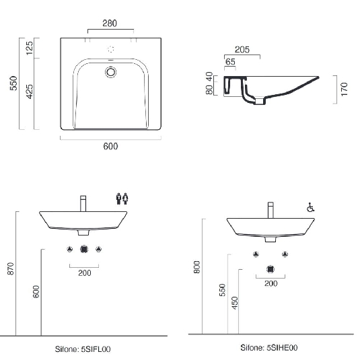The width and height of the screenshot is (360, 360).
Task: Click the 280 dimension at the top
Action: pyautogui.click(x=110, y=24)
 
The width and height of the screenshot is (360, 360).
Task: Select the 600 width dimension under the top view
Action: pyautogui.click(x=110, y=147)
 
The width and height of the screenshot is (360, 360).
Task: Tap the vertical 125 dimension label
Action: pyautogui.click(x=30, y=48)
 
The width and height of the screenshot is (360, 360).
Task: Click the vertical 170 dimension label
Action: pyautogui.click(x=344, y=90)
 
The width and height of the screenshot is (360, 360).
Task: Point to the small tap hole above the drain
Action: pyautogui.click(x=111, y=49)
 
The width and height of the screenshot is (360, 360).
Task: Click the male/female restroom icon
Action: pyautogui.click(x=122, y=198)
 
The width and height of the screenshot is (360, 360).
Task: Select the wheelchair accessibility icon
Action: pyautogui.click(x=310, y=209)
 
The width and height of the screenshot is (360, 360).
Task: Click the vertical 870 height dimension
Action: pyautogui.click(x=10, y=269)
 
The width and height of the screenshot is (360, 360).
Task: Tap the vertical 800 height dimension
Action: pyautogui.click(x=197, y=267)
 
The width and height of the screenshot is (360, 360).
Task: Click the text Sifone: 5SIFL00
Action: pyautogui.click(x=83, y=349)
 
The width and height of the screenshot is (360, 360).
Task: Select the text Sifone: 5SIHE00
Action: pyautogui.click(x=269, y=348)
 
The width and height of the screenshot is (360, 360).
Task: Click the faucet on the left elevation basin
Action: pyautogui.click(x=83, y=203)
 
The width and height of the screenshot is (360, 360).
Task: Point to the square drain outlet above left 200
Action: pyautogui.click(x=84, y=250)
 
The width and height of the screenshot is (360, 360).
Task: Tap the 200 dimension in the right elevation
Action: pyautogui.click(x=271, y=283)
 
